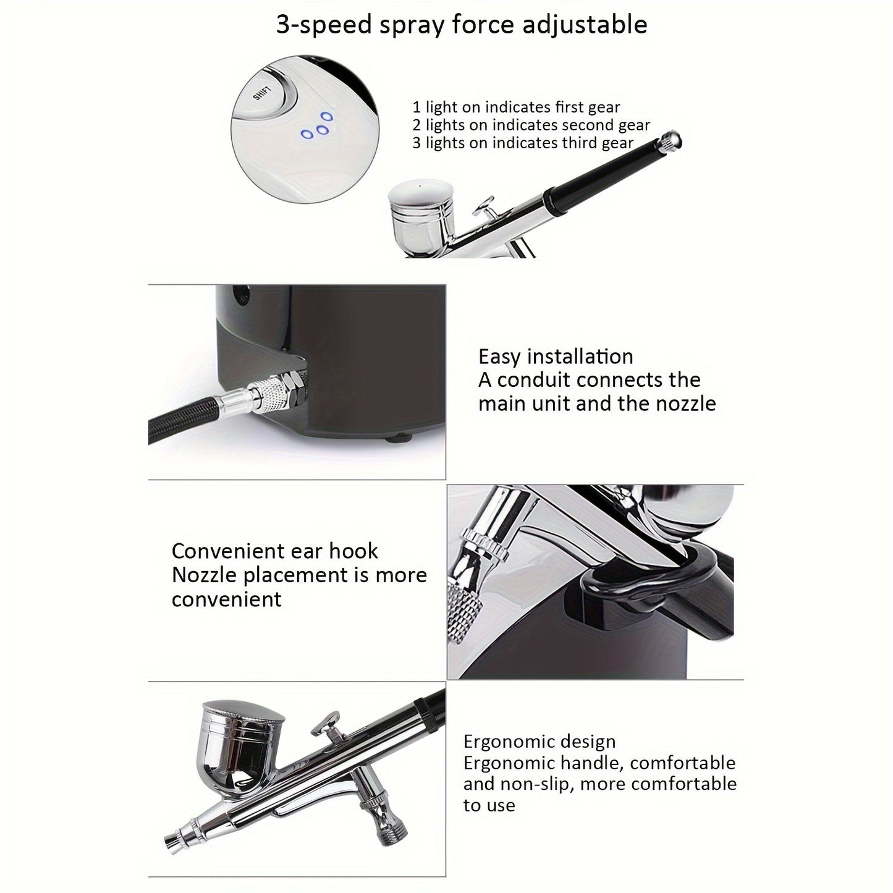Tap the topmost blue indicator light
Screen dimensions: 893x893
tap(327, 116)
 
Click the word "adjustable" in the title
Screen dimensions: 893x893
tap(585, 25)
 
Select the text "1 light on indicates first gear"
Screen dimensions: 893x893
tap(516, 108)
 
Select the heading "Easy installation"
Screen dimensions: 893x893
tap(556, 357)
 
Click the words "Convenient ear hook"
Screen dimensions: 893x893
tap(275, 551)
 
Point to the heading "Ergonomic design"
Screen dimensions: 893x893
tap(540, 742)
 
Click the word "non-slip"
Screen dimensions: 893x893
tap(528, 784)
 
